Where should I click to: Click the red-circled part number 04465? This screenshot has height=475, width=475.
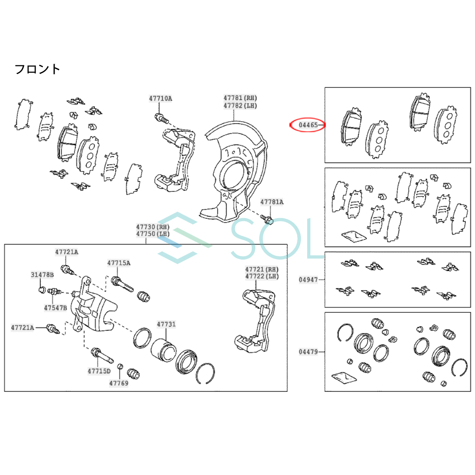click(x=308, y=125)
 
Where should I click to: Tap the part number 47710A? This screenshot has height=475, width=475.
click(x=160, y=99)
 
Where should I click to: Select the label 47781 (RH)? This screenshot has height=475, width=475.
click(x=240, y=98)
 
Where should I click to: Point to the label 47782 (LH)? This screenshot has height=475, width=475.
click(x=240, y=106)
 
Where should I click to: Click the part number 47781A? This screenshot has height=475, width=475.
click(x=272, y=202)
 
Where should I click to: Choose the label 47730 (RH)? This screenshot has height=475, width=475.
click(x=153, y=227)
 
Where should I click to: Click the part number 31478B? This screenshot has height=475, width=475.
click(x=42, y=275)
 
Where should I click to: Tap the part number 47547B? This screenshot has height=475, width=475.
click(x=55, y=308)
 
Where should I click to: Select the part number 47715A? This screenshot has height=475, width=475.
click(x=119, y=263)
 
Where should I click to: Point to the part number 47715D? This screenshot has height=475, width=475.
click(x=99, y=371)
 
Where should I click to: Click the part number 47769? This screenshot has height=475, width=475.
click(x=119, y=383)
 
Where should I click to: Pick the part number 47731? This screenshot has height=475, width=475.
click(x=166, y=324)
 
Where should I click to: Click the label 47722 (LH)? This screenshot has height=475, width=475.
click(x=262, y=276)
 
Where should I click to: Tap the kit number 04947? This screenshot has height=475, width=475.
click(x=308, y=280)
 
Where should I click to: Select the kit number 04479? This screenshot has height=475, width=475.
click(x=308, y=352)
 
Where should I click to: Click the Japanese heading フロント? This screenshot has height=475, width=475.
click(x=38, y=69)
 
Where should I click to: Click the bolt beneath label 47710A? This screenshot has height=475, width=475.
click(x=162, y=118)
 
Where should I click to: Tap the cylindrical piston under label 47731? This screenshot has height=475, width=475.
click(x=163, y=350)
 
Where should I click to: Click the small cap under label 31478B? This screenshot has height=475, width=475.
click(x=42, y=289)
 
